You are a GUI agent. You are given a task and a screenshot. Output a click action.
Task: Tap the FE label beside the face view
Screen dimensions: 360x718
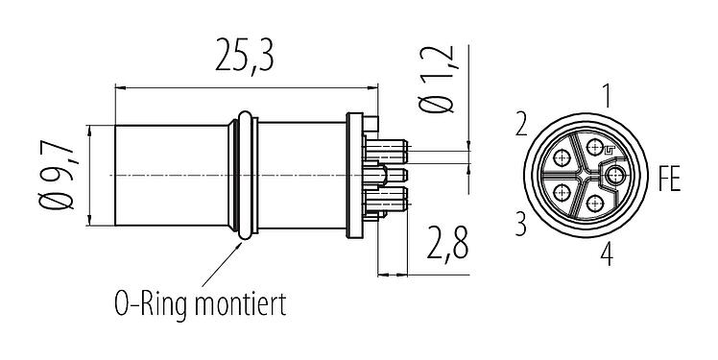pyautogui.click(x=668, y=179)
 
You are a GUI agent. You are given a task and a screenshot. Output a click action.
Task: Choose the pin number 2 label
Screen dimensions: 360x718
pyautogui.click(x=520, y=125)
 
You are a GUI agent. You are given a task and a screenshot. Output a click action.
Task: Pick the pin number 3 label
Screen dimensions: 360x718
pyautogui.click(x=520, y=225)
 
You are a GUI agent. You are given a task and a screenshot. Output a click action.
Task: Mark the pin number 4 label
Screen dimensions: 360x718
pyautogui.click(x=606, y=254)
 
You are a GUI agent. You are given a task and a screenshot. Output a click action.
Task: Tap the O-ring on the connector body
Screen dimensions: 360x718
pyautogui.click(x=248, y=176)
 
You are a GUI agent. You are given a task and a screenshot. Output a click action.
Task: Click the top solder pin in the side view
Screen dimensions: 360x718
pyautogui.click(x=391, y=151)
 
